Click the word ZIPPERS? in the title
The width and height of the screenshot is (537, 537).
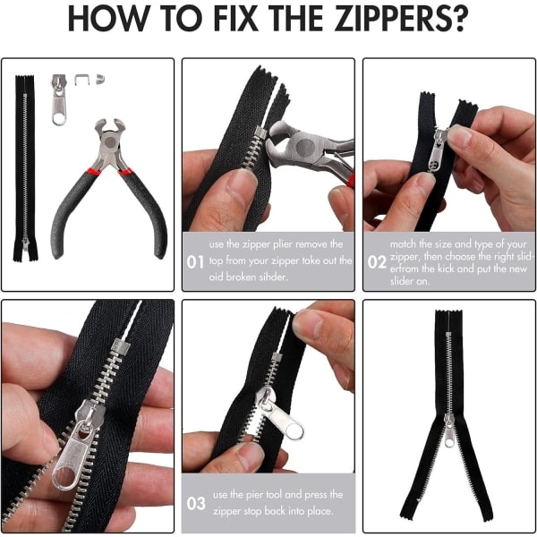pos(401,18)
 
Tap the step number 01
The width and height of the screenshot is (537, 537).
pos(195,262)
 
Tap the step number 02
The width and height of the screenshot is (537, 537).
pos(377,262)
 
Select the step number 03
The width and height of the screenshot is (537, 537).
pos(196,503)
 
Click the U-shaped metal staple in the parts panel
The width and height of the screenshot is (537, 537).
pos(81,80)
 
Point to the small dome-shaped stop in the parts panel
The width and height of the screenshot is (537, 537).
pos(100,79)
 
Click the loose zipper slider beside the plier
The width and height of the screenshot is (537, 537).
pos(59,99)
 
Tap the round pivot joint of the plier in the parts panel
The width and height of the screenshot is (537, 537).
pos(110,141)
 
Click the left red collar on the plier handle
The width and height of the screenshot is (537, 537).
pos(93,171)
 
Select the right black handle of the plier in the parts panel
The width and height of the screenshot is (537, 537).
pos(144,212)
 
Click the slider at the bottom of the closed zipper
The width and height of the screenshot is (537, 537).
pos(25,243)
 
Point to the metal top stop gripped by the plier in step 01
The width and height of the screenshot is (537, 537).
pos(260,132)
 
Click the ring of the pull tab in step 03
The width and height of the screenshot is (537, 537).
pos(294,431)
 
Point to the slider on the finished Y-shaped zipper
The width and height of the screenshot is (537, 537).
pos(449,430)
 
